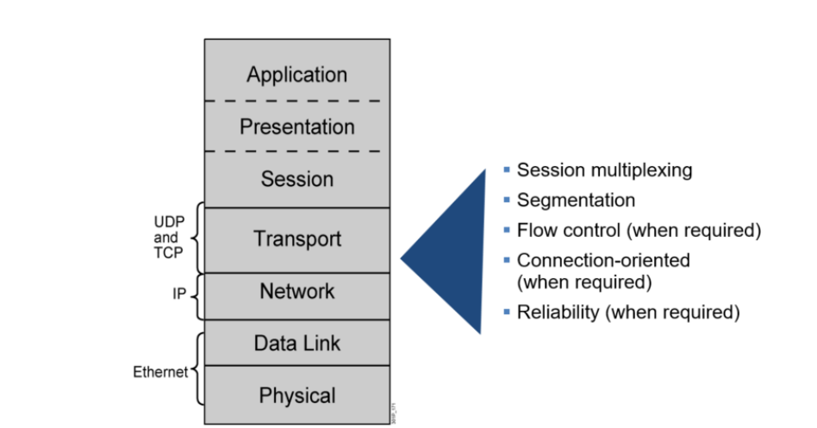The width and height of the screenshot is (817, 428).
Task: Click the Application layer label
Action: (x=296, y=75)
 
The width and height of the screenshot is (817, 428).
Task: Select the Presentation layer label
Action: (x=296, y=127)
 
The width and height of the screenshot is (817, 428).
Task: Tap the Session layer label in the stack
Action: (x=296, y=180)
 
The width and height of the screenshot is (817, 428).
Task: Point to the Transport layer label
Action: (x=296, y=239)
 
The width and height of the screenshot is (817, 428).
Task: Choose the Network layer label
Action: (x=296, y=292)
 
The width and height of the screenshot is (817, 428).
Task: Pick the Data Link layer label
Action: (x=296, y=344)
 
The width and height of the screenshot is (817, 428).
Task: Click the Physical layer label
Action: (x=296, y=396)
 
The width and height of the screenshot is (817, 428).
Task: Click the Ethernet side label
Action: (x=159, y=373)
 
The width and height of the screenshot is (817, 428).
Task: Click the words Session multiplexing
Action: (x=604, y=171)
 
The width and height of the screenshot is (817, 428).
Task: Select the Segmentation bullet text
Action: (x=576, y=201)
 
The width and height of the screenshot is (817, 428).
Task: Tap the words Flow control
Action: (x=561, y=231)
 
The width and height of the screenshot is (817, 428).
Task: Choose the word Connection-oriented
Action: (x=603, y=260)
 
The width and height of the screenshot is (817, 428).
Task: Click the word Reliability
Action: (x=558, y=313)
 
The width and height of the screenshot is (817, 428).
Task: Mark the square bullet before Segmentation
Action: (x=508, y=201)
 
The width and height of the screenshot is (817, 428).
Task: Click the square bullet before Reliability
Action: (x=508, y=313)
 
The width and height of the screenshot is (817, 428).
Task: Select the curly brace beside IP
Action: (x=196, y=295)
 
